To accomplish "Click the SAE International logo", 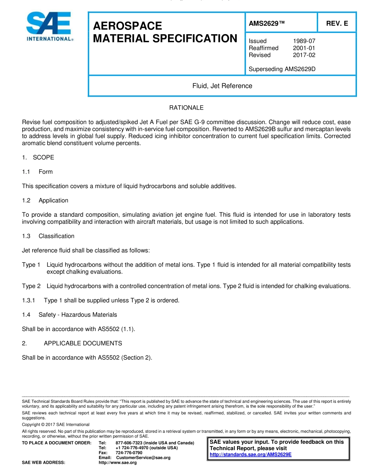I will (49, 27).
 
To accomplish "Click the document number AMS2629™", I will (266, 24).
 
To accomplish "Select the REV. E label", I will (337, 24).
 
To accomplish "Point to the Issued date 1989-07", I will (304, 41).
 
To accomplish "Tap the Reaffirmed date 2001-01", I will (304, 48).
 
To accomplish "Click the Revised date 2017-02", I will (304, 55).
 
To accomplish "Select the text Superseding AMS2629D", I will (282, 69).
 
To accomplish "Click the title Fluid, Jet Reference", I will (222, 86).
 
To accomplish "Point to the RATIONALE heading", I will (186, 108).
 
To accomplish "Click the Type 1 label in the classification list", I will (31, 265).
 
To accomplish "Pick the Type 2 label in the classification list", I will (31, 286).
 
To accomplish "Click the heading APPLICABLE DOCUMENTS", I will (83, 343).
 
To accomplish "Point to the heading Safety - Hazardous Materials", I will (77, 315).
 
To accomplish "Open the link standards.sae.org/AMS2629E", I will (250, 455).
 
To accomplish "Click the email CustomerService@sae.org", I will (143, 457).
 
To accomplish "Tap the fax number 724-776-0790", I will (129, 453).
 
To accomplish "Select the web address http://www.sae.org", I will (117, 463).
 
